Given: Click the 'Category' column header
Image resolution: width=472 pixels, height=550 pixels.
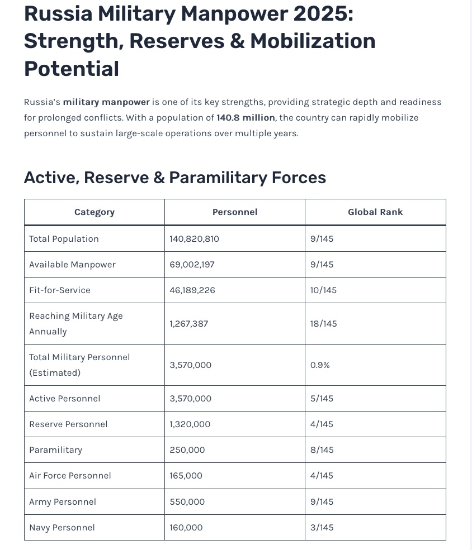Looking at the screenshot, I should (95, 212).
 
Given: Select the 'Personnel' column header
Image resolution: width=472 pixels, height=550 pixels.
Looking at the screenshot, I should (235, 212).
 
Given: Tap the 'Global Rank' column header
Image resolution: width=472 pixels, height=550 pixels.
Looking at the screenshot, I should (375, 212).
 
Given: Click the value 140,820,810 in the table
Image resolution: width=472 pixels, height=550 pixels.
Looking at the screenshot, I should (194, 239).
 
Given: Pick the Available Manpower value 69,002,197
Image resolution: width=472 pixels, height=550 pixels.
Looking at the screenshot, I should (192, 265).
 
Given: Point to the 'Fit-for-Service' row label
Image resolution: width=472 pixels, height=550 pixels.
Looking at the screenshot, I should (60, 290).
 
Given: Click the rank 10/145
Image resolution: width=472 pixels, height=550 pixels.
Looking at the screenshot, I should (323, 290).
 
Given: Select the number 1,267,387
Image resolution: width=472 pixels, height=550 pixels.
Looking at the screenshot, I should (189, 324).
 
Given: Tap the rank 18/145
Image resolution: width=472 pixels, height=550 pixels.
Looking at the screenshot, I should (323, 324).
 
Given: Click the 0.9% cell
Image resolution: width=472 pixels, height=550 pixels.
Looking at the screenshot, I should (320, 365).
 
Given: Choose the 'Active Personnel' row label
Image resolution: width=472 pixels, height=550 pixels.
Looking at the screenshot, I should (65, 399).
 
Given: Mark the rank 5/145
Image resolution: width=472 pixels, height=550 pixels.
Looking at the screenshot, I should (322, 399).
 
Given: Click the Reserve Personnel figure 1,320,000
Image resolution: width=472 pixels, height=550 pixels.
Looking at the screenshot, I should (190, 424).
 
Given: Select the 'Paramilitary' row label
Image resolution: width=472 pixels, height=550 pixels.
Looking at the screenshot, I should (56, 450).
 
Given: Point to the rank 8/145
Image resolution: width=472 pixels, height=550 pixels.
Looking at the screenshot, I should (322, 450).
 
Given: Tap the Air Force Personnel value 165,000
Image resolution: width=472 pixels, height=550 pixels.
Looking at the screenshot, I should (186, 476).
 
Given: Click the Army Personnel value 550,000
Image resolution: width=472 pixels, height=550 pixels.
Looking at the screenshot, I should (187, 502).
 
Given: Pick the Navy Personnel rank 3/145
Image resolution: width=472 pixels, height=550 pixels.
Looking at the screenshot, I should (322, 528).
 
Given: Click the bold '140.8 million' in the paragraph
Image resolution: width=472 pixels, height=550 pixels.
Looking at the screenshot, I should (246, 118).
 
